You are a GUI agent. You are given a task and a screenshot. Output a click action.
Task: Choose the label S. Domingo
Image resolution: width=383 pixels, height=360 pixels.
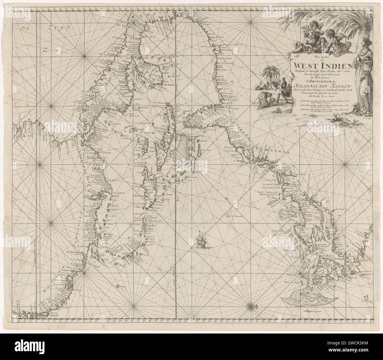pos(138,195)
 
